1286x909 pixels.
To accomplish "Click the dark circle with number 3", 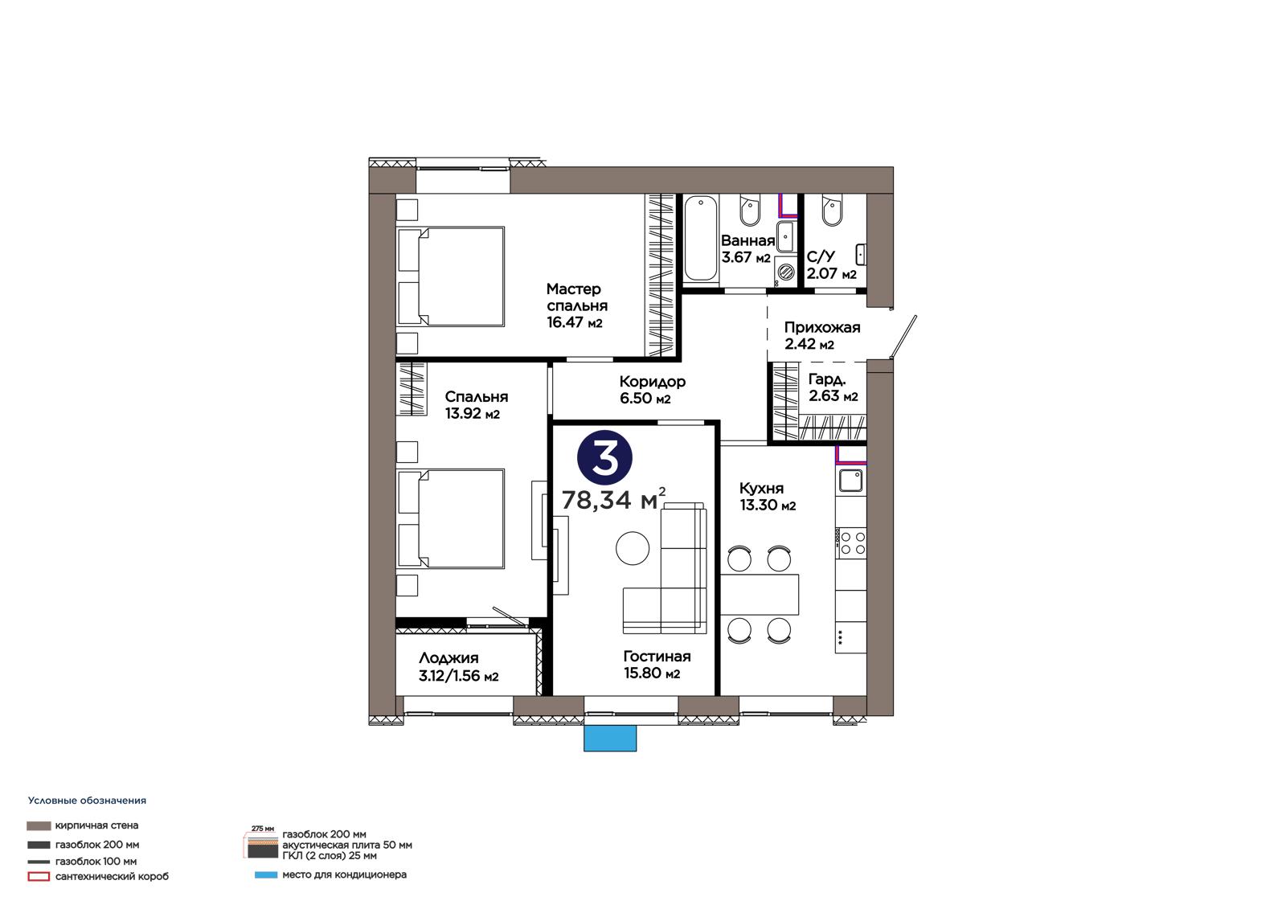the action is point(604,458).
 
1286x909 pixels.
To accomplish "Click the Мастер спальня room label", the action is point(576,305).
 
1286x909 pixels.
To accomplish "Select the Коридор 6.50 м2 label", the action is point(652,389).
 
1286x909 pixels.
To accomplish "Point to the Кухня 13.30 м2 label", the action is point(767,497).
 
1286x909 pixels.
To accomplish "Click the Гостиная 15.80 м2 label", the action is point(657,665).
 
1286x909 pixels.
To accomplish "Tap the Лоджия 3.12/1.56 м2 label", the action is point(458,666).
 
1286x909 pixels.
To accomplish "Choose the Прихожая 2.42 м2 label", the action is point(821,335).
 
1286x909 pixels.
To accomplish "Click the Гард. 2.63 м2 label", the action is point(833,387).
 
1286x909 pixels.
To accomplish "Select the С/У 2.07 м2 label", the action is point(831,264).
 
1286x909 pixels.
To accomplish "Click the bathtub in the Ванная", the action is point(700,239).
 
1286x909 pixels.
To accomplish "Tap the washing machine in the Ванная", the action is point(784,271).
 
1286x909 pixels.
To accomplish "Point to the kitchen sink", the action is point(850,480).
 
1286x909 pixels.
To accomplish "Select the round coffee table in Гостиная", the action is point(632,548).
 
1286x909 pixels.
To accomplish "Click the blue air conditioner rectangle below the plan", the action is point(610,738).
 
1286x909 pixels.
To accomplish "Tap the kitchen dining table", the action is point(759,594).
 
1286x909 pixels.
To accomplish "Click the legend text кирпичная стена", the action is point(96,825).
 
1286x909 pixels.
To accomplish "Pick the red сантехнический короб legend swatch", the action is point(39,877).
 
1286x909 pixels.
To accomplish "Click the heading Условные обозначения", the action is point(88,800).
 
